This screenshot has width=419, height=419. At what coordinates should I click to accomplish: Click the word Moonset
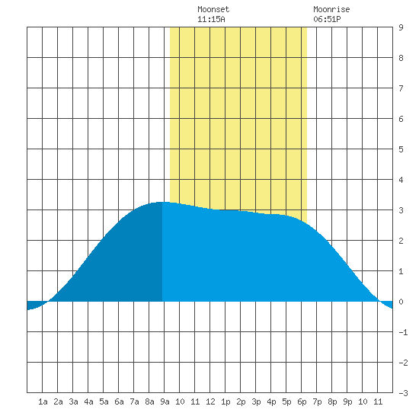pos(213,9)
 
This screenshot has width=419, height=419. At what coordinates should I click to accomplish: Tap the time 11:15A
pos(211,19)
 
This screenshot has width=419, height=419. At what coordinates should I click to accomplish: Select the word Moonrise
pos(331,9)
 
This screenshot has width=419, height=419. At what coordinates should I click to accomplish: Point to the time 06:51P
pos(327,19)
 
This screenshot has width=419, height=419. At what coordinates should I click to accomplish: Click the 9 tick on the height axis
pos(401,27)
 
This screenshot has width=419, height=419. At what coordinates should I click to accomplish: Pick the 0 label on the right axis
pos(401,302)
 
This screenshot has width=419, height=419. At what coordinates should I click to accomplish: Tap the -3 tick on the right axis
pos(403,393)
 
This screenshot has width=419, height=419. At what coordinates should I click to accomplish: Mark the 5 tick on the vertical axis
pos(401,149)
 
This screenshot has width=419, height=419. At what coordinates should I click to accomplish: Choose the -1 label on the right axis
pos(403,332)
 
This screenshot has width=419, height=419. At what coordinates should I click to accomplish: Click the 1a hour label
pos(43,401)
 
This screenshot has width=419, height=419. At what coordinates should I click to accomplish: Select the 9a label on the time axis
pos(165,401)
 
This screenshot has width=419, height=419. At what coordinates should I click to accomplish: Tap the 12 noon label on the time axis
pos(210,401)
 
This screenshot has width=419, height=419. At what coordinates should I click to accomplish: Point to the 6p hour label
pos(302,401)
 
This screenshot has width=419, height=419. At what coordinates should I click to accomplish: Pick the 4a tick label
pos(88,401)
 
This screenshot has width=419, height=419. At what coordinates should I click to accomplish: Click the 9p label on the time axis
pos(347,401)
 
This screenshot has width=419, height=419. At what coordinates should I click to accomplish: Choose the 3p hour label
pos(256,401)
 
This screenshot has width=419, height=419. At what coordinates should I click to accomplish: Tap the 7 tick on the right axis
pos(401,88)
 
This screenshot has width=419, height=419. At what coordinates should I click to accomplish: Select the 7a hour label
pos(134,401)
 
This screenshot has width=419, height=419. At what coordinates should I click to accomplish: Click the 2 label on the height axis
pos(401,241)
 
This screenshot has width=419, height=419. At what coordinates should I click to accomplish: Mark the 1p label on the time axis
pos(225,401)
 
